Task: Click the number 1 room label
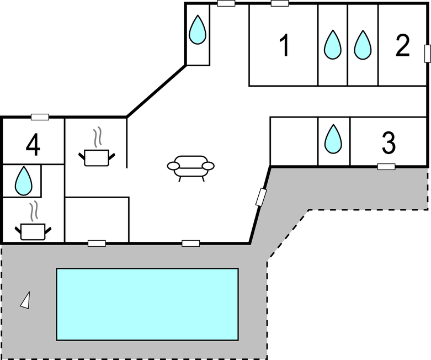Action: tap(285, 45)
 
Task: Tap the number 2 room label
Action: tap(403, 46)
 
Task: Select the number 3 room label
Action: tap(389, 142)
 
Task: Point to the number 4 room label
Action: tap(33, 145)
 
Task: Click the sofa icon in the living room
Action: tap(191, 168)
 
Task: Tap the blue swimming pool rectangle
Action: tap(147, 304)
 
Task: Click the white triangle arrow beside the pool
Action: tap(25, 300)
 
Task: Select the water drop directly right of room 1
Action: tap(333, 45)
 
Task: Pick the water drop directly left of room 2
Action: tap(363, 45)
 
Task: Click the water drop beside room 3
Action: tap(333, 139)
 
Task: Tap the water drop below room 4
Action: tap(24, 181)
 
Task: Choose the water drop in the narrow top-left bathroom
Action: tap(198, 30)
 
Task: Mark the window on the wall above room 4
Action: tap(40, 117)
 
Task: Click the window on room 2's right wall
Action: tap(428, 54)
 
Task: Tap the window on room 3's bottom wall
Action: tap(386, 167)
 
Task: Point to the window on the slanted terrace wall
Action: tap(261, 197)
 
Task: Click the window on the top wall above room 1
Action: tap(280, 3)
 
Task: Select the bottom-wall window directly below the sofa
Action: tap(191, 243)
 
